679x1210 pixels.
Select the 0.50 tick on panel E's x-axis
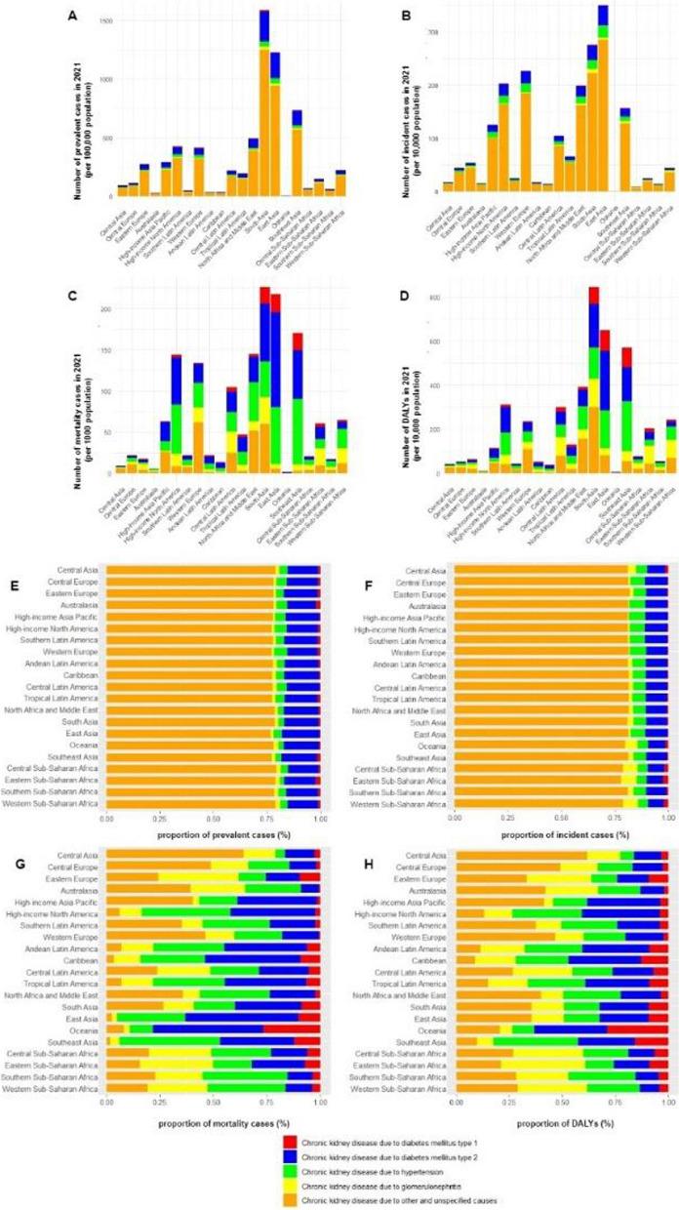click(213, 817)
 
